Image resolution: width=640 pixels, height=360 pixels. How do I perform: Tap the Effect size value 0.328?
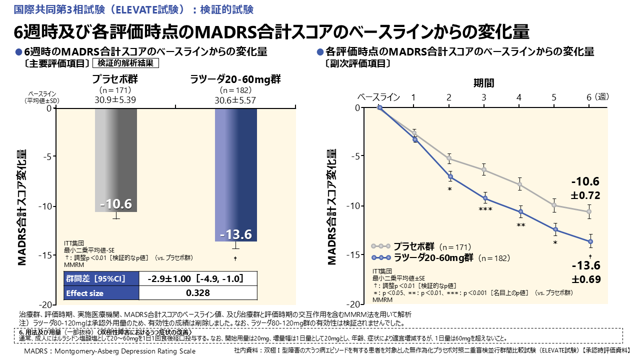[197, 293]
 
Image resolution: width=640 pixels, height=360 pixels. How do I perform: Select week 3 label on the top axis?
[484, 97]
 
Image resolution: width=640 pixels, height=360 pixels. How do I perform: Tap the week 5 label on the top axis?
[554, 97]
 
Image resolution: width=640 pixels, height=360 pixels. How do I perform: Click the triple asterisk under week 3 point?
[485, 209]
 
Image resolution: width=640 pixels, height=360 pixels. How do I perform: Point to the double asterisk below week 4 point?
[520, 225]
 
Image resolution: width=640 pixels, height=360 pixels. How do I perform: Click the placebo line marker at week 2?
[449, 158]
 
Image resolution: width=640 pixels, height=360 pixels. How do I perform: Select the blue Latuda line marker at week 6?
[590, 241]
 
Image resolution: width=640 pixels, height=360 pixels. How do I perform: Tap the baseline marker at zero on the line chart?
[379, 107]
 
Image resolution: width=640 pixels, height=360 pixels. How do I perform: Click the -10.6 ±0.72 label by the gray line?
[586, 188]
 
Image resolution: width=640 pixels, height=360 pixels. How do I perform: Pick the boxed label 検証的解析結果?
[126, 63]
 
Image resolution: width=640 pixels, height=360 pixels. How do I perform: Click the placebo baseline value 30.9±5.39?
[115, 99]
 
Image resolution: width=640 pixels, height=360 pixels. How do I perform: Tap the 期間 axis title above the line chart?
[483, 82]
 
